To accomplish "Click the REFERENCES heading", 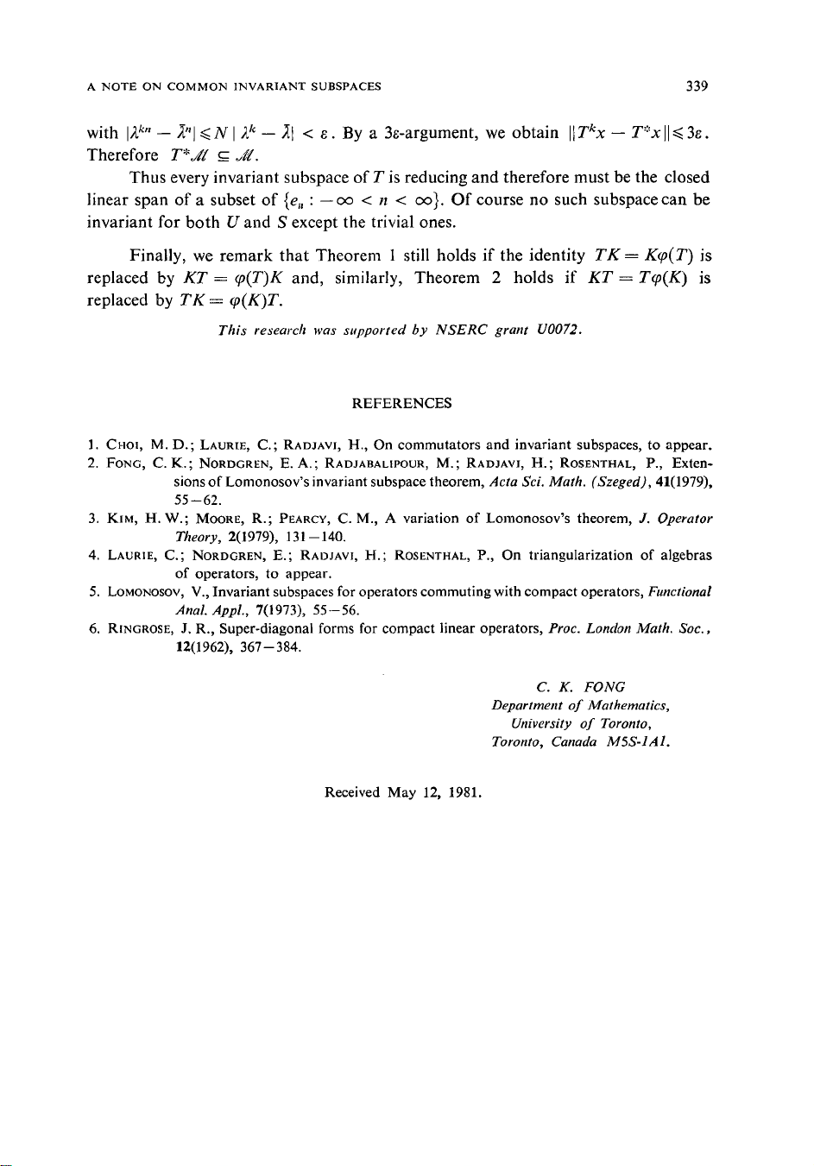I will coord(401,403).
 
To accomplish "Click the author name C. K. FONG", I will coord(580,687).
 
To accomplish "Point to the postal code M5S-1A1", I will coord(639,741).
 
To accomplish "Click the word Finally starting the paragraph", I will coord(158,255).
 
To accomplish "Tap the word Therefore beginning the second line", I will coord(123,155).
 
